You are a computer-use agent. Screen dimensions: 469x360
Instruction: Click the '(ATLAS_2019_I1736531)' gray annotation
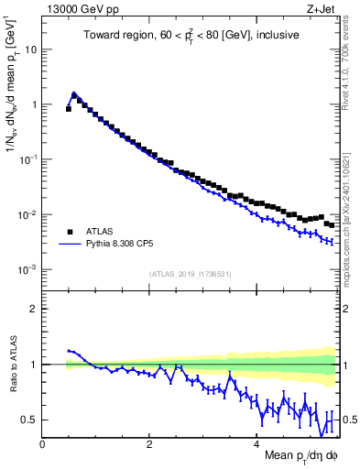(191, 274)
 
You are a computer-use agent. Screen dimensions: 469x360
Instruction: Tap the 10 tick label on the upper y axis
(31, 49)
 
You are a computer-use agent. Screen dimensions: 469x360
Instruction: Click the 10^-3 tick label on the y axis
(28, 270)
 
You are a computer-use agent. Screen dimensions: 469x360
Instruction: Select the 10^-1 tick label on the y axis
(28, 160)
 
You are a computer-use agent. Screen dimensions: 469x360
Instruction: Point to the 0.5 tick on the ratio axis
(30, 420)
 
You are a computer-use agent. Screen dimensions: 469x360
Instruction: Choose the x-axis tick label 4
(256, 443)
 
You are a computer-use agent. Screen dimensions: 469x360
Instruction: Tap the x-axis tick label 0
(42, 443)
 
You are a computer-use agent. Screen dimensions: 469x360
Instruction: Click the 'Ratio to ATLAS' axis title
(12, 364)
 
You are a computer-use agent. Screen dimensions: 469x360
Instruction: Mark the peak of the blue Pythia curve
(74, 93)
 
